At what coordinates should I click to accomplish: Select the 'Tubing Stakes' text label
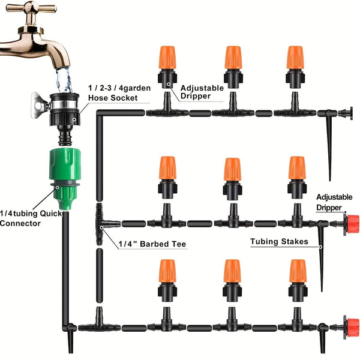[279, 241]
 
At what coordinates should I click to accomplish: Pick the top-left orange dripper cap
[168, 58]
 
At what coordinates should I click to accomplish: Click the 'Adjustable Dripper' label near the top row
[202, 92]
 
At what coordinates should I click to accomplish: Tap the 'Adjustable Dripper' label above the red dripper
[329, 202]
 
